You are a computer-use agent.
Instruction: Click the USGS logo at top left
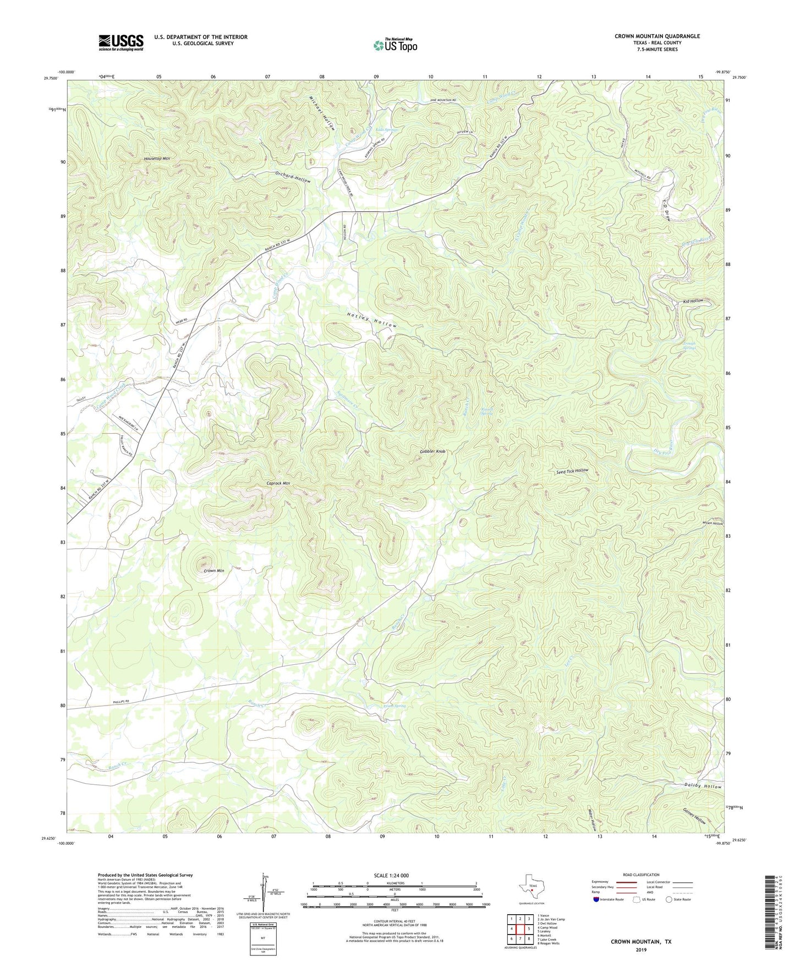[x=121, y=42]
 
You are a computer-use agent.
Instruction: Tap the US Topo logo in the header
[x=395, y=45]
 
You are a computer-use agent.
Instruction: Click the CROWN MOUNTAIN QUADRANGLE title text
[x=657, y=36]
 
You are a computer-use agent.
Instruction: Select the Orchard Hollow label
[x=293, y=177]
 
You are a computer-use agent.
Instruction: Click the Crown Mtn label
[x=213, y=571]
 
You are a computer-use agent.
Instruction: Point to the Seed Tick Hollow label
[x=572, y=471]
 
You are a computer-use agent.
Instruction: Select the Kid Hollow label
[x=693, y=301]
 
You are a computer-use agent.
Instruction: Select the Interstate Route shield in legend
[x=597, y=899]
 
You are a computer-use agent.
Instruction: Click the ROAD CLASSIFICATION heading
[x=641, y=875]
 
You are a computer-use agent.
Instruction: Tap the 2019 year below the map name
[x=640, y=949]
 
